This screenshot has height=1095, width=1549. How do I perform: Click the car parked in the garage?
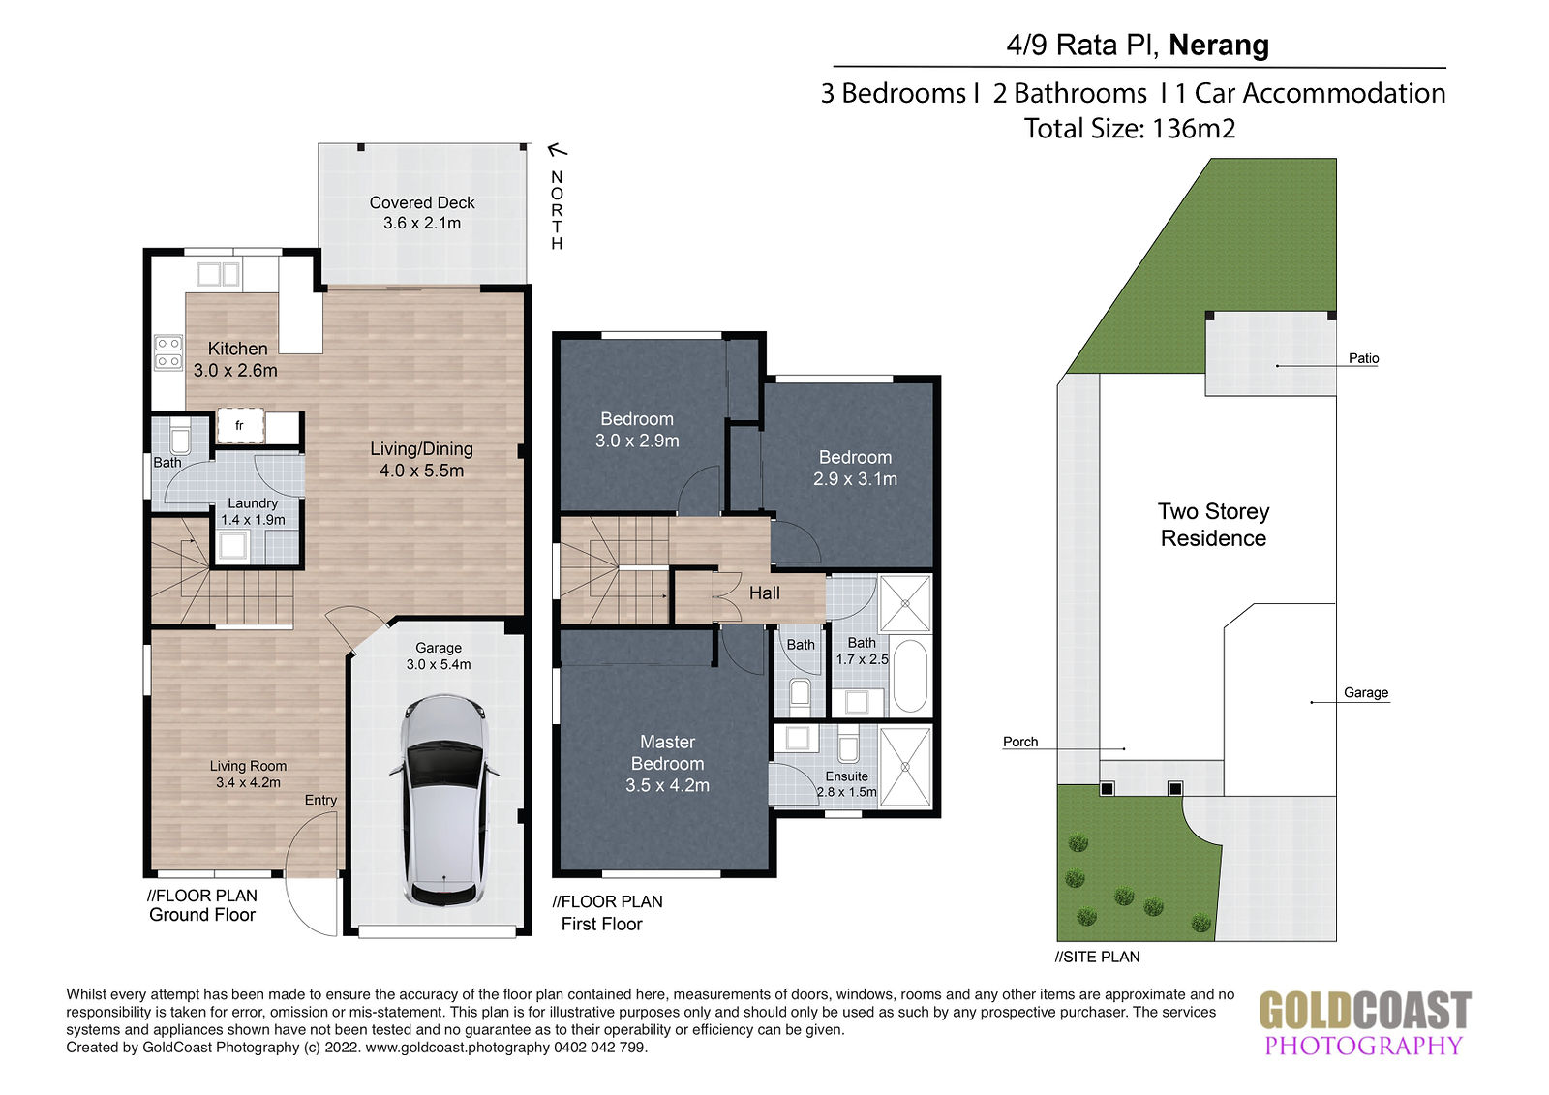coord(444,801)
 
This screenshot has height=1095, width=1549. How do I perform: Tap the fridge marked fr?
coord(240,425)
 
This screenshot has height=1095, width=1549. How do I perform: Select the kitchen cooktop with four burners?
coord(168,352)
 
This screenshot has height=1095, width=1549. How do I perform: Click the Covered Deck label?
coord(422,212)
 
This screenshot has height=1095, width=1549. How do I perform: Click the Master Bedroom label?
coord(667,763)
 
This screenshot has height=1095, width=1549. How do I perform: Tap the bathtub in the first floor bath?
coord(910,675)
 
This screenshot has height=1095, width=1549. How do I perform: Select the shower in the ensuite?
coord(905,767)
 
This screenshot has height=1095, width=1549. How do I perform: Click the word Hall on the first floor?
coord(764,593)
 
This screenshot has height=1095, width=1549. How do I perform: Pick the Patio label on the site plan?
coord(1363,358)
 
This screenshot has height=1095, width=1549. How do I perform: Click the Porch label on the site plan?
coord(1020,742)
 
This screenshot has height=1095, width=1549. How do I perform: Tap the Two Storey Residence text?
coord(1214,525)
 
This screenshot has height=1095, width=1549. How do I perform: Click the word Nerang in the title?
coord(1219,45)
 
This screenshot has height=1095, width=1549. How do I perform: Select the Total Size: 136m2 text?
coord(1129,129)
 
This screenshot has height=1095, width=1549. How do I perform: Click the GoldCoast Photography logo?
coord(1364,1021)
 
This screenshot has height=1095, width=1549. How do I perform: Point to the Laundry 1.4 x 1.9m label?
coord(253,511)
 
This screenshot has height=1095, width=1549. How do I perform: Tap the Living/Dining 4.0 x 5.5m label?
coord(421,459)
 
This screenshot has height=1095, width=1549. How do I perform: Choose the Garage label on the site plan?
coord(1366,692)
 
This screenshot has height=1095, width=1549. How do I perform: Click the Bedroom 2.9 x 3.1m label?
coord(855,468)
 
